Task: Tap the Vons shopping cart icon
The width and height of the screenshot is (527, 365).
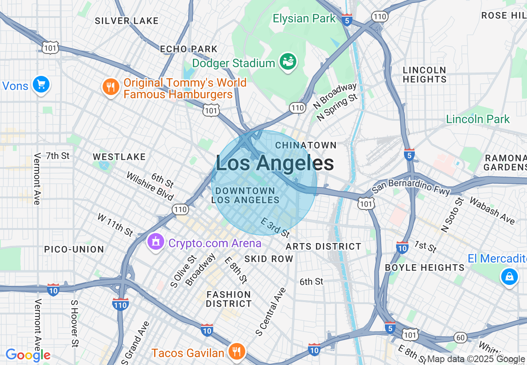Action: (41, 85)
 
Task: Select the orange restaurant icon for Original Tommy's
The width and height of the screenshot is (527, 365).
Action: (110, 88)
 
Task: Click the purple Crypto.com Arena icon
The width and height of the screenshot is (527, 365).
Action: (156, 241)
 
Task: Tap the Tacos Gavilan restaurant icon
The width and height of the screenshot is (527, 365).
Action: (237, 352)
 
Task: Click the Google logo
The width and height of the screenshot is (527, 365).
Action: (28, 355)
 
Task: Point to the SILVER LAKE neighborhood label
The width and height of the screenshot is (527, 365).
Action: (127, 21)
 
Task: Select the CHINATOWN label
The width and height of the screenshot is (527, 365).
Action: (306, 145)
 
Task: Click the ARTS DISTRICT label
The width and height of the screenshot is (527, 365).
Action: (323, 246)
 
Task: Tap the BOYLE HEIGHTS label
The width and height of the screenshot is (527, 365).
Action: (425, 268)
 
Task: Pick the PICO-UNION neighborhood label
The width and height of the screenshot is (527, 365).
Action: (74, 249)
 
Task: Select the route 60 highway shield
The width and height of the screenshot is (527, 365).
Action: (460, 338)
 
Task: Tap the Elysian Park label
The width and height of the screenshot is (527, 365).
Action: (304, 19)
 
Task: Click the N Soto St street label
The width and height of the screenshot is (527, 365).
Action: (452, 215)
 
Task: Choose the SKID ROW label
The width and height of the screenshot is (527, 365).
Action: (269, 259)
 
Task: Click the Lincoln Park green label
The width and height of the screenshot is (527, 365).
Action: (478, 119)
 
